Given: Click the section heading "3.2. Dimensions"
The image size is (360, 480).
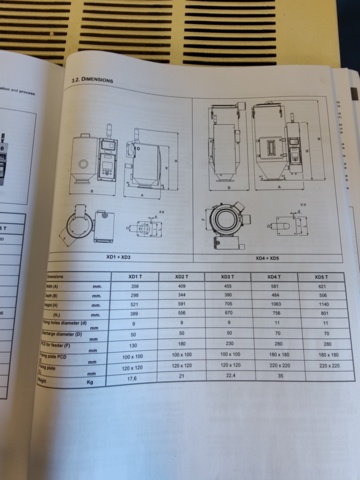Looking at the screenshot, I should pyautogui.click(x=91, y=78).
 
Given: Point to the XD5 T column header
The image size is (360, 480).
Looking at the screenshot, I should pyautogui.click(x=320, y=276).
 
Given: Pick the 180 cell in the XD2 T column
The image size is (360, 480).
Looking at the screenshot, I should pyautogui.click(x=182, y=343).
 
